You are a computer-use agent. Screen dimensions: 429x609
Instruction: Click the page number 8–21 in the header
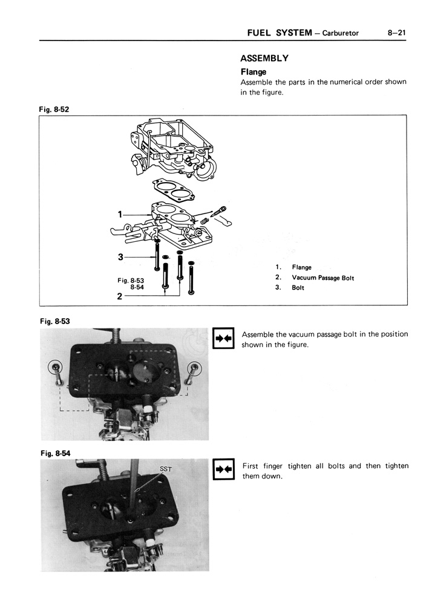396,33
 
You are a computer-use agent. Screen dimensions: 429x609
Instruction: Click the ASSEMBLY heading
264,58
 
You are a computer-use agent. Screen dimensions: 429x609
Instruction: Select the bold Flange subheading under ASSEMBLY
254,72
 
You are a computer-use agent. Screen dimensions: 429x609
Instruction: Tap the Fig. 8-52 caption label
54,109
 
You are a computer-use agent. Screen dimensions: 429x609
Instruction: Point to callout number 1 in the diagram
120,214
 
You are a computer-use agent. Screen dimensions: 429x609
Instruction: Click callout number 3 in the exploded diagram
120,257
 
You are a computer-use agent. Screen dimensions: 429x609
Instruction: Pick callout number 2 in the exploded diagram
120,296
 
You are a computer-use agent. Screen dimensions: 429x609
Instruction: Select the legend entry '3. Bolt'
289,287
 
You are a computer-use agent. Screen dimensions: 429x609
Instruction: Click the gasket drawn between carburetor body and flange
174,191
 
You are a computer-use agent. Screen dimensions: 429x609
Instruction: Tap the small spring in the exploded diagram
205,221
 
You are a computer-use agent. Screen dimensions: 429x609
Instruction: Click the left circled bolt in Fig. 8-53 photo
57,368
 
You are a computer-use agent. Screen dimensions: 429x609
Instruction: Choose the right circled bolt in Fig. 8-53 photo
194,368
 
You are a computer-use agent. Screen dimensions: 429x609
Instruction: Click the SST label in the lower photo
166,469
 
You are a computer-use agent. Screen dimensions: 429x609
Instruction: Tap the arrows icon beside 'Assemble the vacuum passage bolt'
223,338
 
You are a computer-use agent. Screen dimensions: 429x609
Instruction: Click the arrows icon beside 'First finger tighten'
223,469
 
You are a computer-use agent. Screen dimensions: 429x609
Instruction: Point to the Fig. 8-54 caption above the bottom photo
56,453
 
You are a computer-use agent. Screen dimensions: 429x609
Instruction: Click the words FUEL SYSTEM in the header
280,33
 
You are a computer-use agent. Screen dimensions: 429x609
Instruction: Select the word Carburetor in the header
341,33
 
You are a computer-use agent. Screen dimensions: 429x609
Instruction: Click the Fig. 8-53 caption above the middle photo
55,321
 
